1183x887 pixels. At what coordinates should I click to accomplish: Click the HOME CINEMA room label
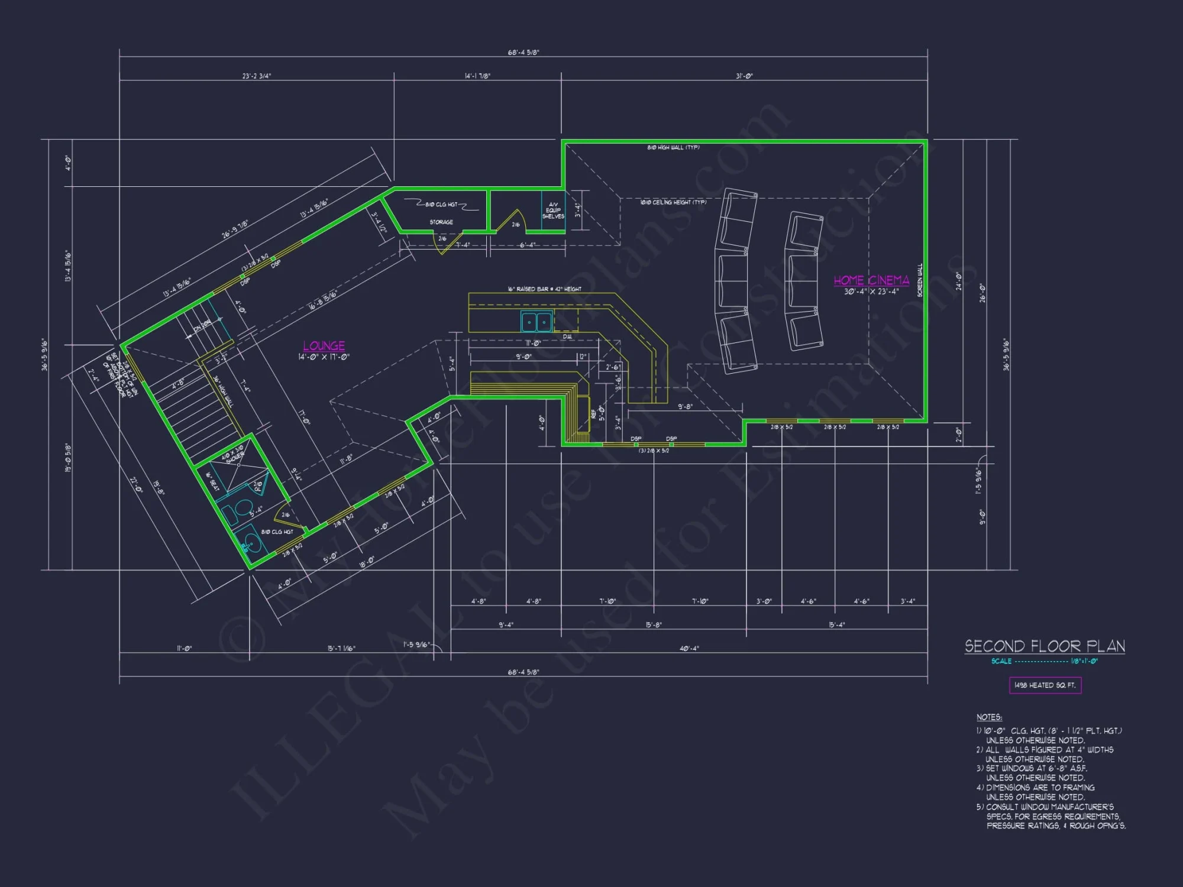[871, 280]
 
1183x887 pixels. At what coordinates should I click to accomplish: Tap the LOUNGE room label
[324, 346]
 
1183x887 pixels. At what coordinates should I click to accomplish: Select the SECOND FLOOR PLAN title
[1045, 646]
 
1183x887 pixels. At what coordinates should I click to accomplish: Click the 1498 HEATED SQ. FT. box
[1045, 685]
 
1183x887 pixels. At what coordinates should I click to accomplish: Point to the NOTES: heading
[989, 717]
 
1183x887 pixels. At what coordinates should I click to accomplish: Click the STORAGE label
[441, 222]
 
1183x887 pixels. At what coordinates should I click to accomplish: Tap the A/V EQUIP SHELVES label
[553, 211]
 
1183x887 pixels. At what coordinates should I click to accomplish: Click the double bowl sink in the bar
[536, 322]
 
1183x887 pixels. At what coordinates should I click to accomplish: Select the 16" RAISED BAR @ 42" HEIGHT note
[544, 289]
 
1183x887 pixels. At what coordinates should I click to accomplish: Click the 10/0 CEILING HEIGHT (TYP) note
[673, 202]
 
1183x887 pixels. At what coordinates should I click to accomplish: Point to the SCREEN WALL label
[920, 280]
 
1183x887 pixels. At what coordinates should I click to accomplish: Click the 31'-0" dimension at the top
[744, 76]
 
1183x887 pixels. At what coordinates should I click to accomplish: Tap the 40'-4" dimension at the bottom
[689, 649]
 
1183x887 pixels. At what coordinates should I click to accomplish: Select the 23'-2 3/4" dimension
[257, 76]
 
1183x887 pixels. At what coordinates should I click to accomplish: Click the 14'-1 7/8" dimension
[477, 76]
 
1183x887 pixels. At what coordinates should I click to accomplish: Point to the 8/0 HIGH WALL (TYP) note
[673, 147]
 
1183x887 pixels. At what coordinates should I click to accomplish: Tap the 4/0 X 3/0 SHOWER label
[233, 455]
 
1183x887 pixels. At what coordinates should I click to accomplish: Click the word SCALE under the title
[1001, 661]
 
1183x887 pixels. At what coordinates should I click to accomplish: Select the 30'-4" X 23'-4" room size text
[871, 292]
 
